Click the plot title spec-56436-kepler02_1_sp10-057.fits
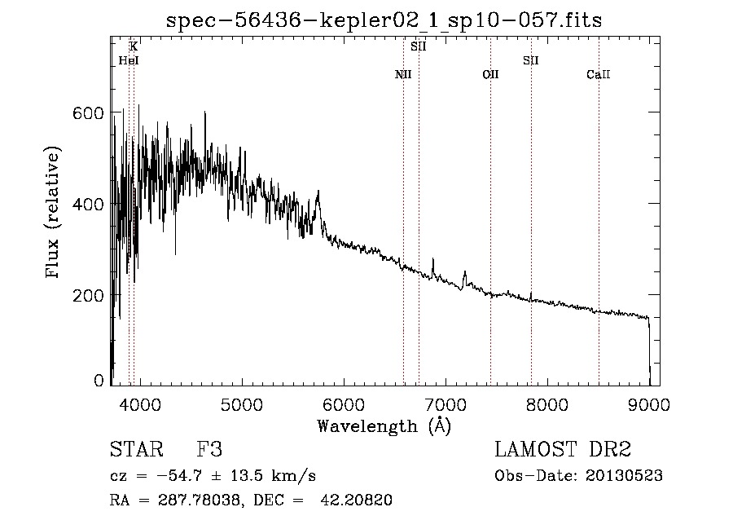384,20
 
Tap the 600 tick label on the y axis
88,112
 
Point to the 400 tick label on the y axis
88,204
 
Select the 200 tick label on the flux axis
88,296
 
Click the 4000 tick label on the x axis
140,404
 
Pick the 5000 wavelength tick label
242,404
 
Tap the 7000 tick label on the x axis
446,404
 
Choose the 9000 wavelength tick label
649,404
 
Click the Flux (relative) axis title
53,212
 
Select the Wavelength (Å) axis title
384,426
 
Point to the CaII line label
599,74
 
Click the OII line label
490,74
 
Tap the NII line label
403,74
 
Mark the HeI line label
129,60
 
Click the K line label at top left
134,46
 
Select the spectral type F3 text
209,449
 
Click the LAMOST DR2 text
563,449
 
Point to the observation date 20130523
624,476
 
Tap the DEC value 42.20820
356,500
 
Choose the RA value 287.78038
200,500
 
